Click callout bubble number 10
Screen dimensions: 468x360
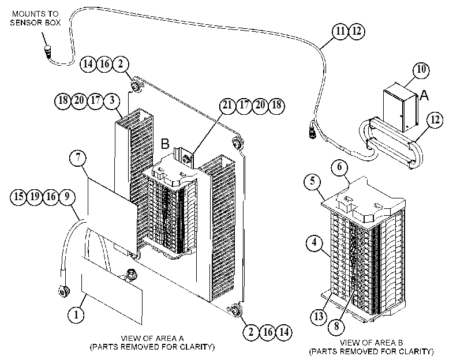(x=421, y=70)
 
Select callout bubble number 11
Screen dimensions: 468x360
(x=340, y=31)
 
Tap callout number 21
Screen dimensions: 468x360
(x=228, y=105)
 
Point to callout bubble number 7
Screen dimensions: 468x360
(x=78, y=157)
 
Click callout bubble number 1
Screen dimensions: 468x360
(x=76, y=314)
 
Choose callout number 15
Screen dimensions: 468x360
(x=18, y=197)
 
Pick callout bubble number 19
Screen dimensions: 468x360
(x=35, y=197)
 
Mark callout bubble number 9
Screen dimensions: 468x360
(x=67, y=197)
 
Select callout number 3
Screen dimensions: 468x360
(x=111, y=100)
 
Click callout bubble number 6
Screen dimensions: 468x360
(x=340, y=167)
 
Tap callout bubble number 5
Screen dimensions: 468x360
(x=313, y=181)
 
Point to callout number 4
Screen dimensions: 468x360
(x=315, y=242)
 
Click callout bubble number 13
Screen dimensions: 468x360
(x=319, y=316)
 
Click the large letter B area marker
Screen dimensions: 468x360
(x=165, y=144)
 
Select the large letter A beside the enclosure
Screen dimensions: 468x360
(x=424, y=96)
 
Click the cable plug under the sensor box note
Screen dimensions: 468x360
(x=48, y=52)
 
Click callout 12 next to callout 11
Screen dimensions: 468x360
(x=357, y=31)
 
